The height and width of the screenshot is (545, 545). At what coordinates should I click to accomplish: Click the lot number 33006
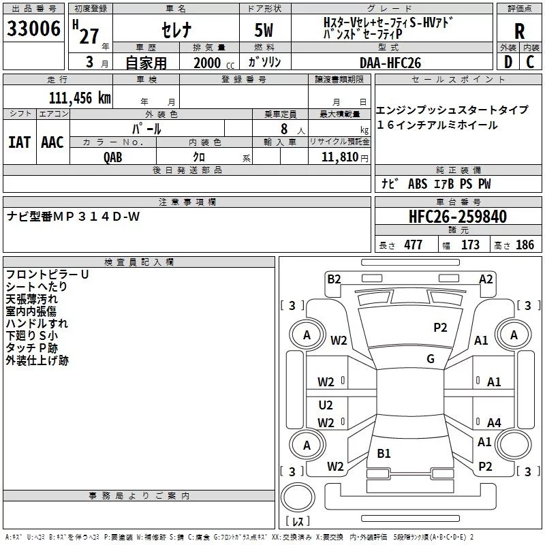coord(33,30)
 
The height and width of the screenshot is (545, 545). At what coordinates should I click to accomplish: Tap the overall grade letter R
coord(519,31)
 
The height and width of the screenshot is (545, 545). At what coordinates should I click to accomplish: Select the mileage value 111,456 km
coord(79,97)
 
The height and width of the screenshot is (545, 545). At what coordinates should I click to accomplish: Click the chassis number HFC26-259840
coord(458,217)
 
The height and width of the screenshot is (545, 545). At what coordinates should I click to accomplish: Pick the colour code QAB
coord(113,157)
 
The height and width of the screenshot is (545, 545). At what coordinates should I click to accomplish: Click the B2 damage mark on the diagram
coord(334,279)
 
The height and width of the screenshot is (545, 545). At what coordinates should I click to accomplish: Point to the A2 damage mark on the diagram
coord(486,279)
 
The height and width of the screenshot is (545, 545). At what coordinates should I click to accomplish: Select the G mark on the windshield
coord(430,358)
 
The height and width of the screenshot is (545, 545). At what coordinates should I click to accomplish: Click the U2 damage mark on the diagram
coord(326,405)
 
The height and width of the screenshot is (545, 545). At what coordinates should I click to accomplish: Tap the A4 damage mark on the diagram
coord(494,423)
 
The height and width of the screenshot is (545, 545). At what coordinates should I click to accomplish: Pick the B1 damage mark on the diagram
coord(384,453)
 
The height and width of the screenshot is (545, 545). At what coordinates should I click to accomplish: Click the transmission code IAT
coord(19,142)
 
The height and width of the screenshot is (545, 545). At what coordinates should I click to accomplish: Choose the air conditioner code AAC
coord(52,142)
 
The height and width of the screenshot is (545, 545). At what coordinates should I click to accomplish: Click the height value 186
coord(525,245)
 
